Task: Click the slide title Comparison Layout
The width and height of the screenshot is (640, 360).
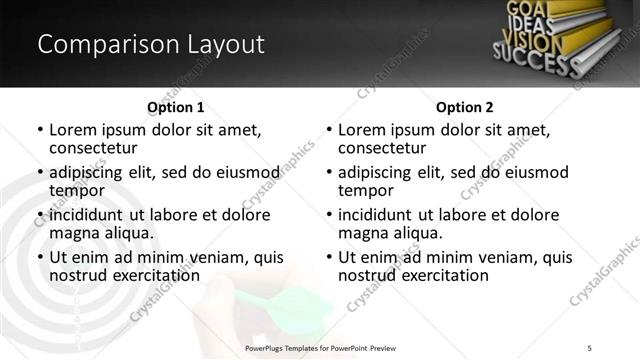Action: pyautogui.click(x=150, y=45)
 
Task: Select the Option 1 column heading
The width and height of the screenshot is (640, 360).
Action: pyautogui.click(x=175, y=107)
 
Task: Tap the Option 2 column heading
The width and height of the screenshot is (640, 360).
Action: pyautogui.click(x=464, y=107)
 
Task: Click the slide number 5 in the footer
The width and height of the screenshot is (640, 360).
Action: pyautogui.click(x=590, y=347)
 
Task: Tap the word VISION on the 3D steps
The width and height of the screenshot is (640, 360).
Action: pyautogui.click(x=530, y=42)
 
